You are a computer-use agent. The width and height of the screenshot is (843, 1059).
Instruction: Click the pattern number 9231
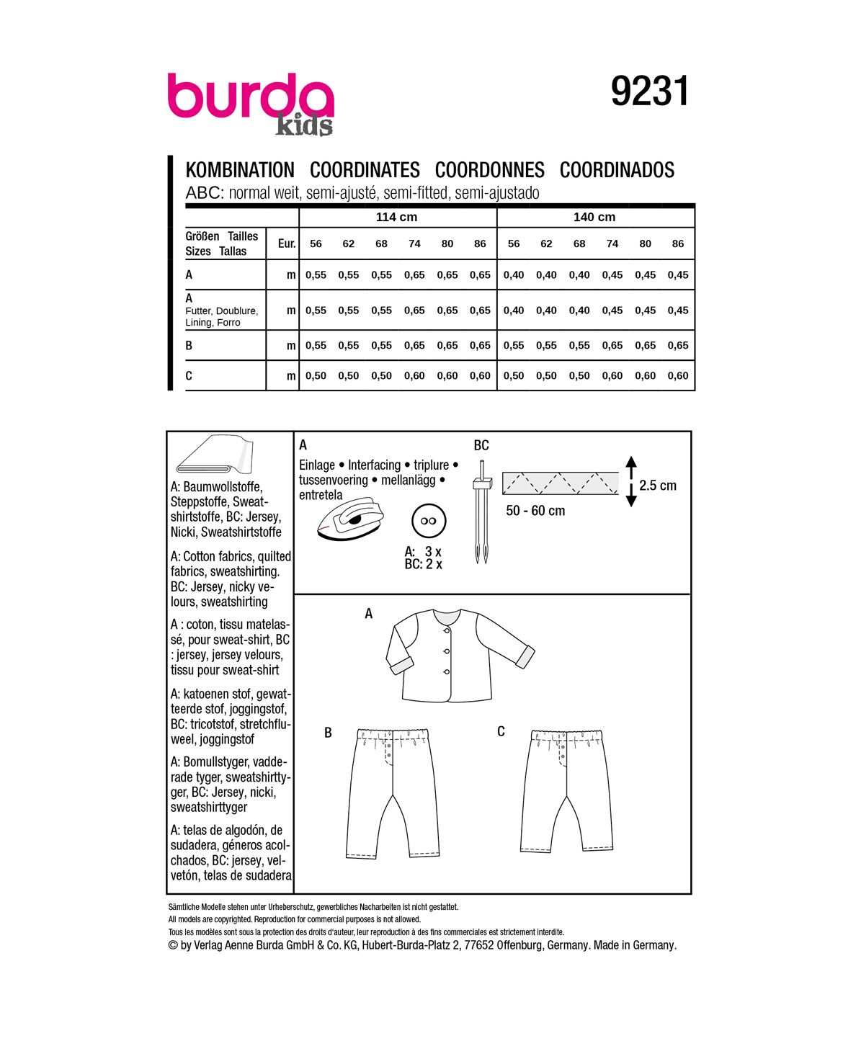[650, 92]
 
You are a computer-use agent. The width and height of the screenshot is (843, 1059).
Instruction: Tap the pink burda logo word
[250, 97]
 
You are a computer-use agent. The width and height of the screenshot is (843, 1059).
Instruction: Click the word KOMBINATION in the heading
[240, 170]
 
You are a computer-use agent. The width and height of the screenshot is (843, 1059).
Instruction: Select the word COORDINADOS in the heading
[617, 170]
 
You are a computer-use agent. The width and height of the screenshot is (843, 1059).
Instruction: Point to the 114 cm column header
[397, 217]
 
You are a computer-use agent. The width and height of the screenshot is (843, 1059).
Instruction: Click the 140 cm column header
[594, 217]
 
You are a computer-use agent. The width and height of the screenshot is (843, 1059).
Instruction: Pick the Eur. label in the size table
[287, 243]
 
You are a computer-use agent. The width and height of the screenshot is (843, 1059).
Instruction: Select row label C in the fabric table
[189, 375]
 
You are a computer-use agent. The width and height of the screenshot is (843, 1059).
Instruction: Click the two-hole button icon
[429, 521]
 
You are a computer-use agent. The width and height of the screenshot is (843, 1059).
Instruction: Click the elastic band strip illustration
[561, 483]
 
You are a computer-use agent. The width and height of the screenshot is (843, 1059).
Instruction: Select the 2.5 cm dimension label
[658, 486]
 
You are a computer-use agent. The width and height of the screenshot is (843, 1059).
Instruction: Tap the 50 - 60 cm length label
[535, 511]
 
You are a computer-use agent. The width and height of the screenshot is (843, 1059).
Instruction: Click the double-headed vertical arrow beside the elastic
[631, 481]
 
